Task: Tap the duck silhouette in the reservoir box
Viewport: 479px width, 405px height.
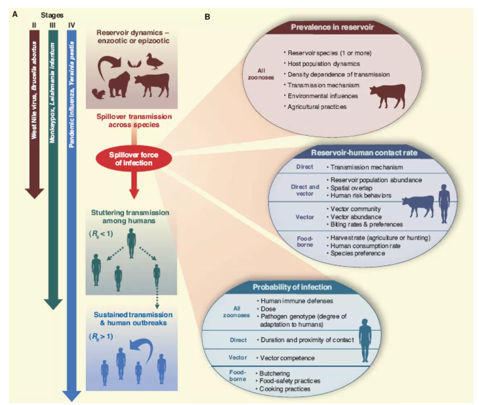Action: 156,63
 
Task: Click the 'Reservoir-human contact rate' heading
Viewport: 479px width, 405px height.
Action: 364,153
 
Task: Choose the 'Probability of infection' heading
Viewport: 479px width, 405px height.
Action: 292,287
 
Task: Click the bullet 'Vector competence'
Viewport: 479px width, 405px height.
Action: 285,357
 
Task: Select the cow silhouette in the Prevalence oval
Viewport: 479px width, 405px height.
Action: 387,95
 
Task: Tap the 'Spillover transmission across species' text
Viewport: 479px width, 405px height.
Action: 131,120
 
